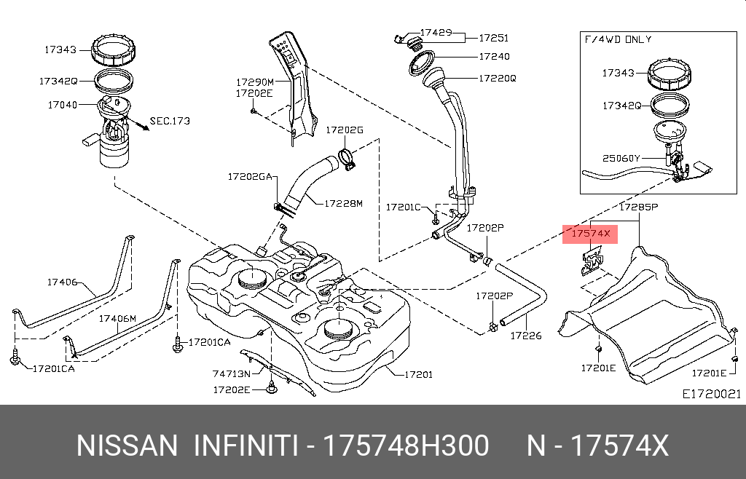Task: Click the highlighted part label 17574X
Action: point(590,234)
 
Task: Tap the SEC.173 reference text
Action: point(170,121)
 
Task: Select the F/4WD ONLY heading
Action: point(617,39)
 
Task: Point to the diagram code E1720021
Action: point(711,394)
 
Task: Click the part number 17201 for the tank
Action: point(417,375)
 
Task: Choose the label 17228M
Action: point(342,203)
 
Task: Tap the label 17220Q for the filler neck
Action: point(497,77)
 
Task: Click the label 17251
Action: point(493,39)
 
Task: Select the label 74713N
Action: point(231,373)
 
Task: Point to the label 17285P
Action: point(639,207)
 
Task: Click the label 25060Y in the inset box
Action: point(621,158)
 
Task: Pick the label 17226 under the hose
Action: point(525,336)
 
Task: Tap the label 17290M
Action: point(254,82)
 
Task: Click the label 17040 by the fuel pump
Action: point(63,105)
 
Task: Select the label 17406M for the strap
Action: point(117,319)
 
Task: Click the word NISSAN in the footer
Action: point(127,446)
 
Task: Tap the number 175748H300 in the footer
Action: point(406,446)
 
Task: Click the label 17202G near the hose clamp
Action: point(344,130)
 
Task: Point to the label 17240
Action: point(494,57)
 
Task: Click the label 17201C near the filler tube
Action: point(404,207)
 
